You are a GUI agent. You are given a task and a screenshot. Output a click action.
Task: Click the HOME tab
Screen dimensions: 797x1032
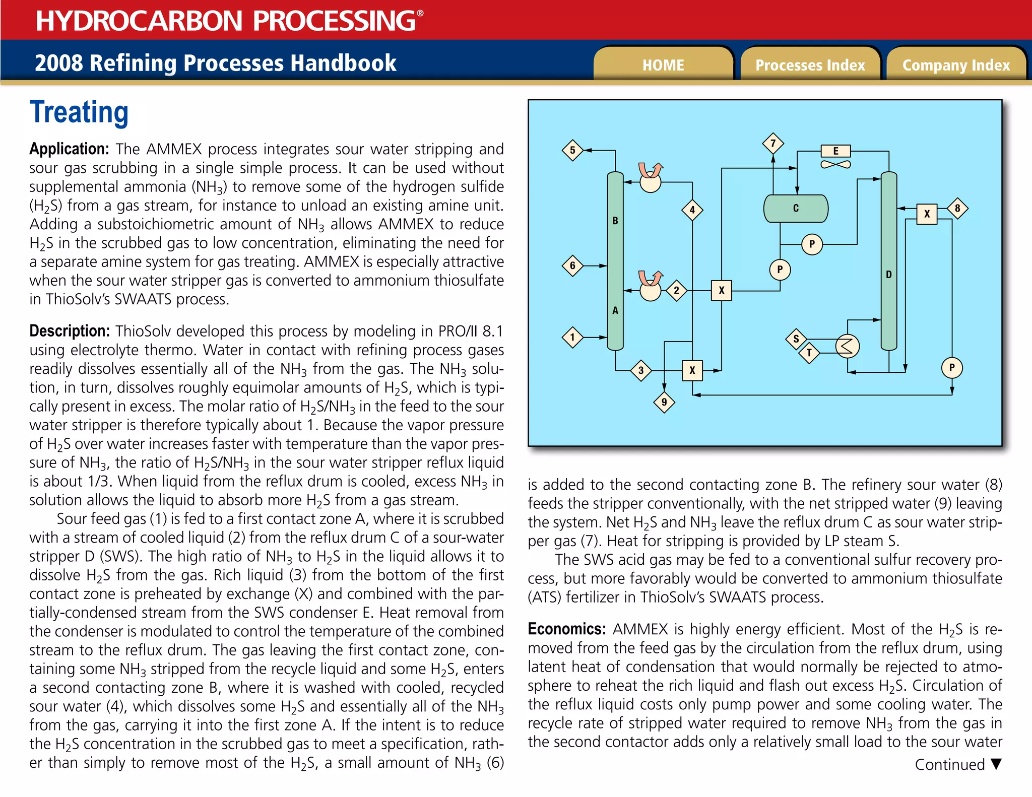663,65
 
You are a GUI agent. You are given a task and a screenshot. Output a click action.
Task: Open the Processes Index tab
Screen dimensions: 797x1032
810,65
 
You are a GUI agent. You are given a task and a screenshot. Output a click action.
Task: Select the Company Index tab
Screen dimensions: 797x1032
956,65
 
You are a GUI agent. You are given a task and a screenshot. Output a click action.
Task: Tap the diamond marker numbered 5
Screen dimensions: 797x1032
572,150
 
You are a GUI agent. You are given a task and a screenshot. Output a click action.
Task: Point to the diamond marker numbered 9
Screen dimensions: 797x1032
664,402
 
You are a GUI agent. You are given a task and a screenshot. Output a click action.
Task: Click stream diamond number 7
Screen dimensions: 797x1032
773,144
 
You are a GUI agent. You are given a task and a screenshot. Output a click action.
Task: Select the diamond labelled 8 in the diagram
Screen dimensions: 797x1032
957,208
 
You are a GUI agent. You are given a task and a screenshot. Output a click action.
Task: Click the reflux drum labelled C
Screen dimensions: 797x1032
796,209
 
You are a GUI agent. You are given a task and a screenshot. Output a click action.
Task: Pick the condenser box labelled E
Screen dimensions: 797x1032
835,151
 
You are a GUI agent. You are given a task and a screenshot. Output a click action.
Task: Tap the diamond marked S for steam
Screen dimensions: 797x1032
796,339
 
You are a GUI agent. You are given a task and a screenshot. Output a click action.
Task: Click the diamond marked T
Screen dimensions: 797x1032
809,353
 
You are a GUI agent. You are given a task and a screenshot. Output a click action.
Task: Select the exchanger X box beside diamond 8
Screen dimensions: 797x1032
927,214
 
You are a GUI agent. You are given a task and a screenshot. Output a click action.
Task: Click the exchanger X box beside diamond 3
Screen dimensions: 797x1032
692,371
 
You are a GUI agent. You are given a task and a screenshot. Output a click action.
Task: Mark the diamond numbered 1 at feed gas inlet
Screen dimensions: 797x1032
572,337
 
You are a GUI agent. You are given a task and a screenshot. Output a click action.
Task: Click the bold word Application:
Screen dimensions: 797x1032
69,149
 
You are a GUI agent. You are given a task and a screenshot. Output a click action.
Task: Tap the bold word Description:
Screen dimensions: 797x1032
70,331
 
